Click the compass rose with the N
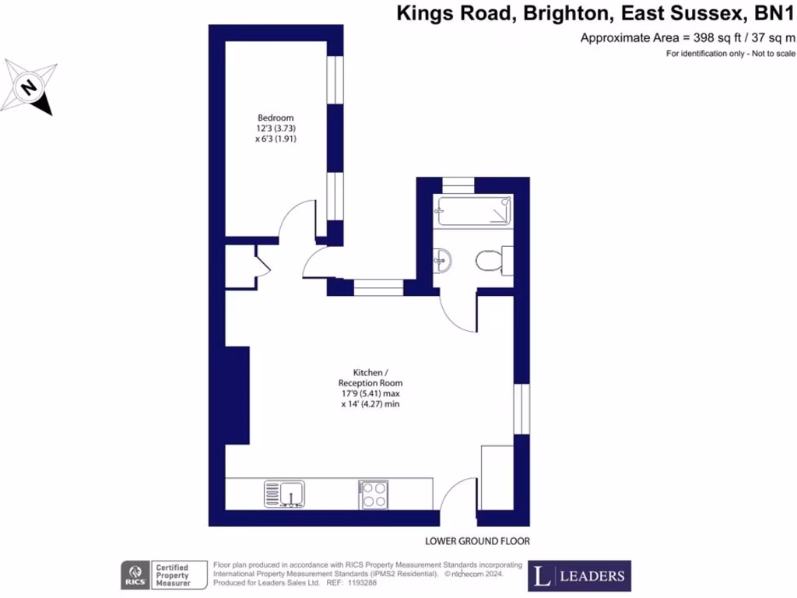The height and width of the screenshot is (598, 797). point(30,86)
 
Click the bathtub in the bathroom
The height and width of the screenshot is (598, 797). point(474,210)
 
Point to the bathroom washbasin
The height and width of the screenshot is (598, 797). point(444,259)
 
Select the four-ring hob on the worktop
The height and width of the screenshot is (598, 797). point(375,494)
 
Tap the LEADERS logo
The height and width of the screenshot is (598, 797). point(580,576)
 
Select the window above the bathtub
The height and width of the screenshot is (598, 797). point(457,185)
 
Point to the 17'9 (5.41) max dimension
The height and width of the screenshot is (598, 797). point(370,394)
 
